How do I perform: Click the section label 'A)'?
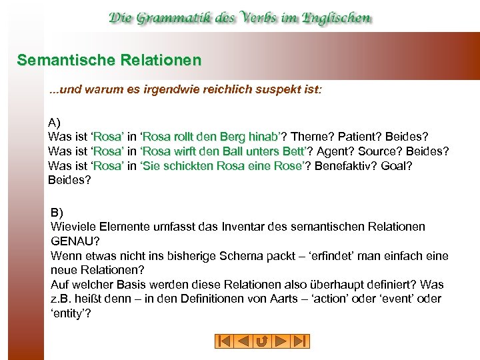click(55, 123)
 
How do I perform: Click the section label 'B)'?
click(57, 213)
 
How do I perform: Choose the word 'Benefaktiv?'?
click(346, 165)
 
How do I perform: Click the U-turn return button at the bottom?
click(262, 341)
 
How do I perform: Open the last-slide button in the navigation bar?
click(300, 341)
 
